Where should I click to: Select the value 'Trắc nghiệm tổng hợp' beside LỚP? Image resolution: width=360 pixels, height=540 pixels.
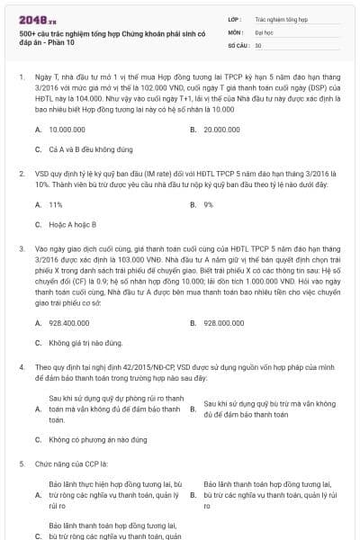[282, 18]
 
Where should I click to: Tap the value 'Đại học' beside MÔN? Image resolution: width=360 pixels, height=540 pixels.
[265, 31]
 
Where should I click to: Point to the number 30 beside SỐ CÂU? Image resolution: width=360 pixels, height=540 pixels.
[258, 44]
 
